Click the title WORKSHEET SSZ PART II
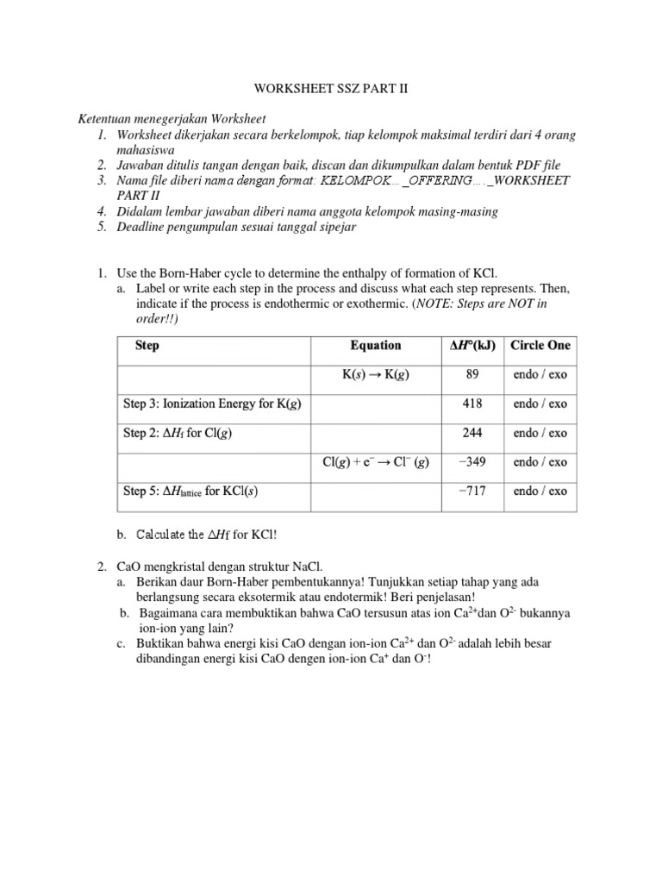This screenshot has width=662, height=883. [330, 89]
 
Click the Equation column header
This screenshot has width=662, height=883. [375, 345]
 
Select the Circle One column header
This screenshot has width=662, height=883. [540, 345]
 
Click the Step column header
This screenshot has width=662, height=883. [147, 345]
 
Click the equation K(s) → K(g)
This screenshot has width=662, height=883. [375, 375]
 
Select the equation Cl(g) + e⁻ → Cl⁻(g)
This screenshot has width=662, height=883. [375, 462]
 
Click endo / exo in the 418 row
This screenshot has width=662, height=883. [540, 404]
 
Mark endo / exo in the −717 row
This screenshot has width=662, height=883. [540, 491]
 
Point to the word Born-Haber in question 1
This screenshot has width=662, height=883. [190, 273]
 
